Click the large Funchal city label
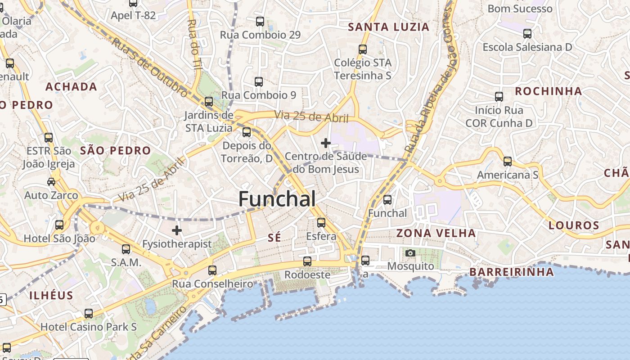(277, 199)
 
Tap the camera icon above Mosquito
(410, 253)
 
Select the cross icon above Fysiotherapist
(177, 230)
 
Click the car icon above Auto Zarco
(51, 182)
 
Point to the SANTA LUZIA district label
(389, 27)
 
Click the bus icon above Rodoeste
(307, 261)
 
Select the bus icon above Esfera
(321, 223)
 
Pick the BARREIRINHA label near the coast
(512, 272)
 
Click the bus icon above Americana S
(508, 162)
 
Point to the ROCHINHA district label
(548, 91)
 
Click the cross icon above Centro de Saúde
(326, 144)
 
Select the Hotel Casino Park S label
(89, 327)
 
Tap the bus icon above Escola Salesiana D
(527, 34)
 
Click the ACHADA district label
(71, 87)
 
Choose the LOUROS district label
(574, 225)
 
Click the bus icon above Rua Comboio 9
(259, 82)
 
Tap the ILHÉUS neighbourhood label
(51, 296)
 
